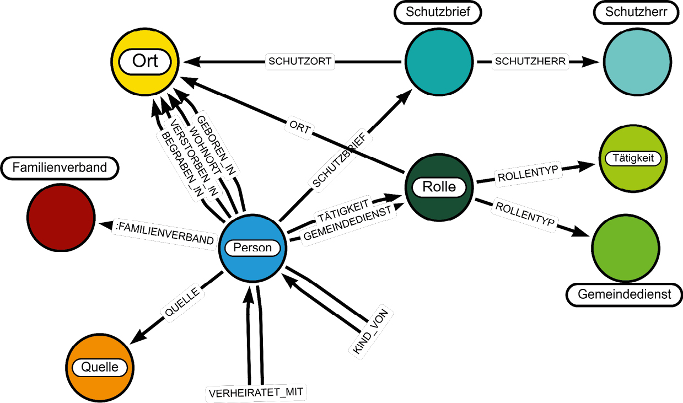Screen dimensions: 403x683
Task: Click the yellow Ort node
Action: coord(145,61)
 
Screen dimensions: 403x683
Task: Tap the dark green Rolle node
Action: coord(438,186)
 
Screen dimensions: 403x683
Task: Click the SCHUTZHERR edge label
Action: coord(530,61)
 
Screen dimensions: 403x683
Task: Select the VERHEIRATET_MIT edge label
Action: coord(257,393)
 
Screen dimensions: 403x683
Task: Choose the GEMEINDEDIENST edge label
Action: coord(348,224)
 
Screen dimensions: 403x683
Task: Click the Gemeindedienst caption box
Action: coord(625,294)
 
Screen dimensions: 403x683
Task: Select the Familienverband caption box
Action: coord(60,168)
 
